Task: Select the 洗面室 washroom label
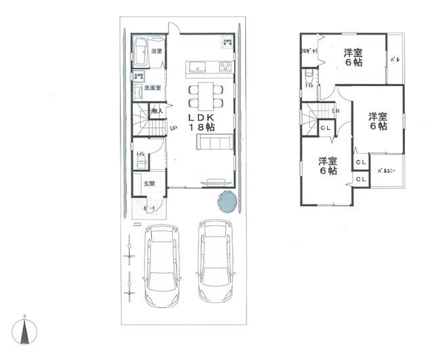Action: tap(152, 88)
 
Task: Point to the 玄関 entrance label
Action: tap(148, 183)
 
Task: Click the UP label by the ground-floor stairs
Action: tap(173, 128)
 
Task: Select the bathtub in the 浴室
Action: tap(141, 51)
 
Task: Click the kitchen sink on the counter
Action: tap(197, 66)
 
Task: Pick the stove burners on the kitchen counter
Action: tap(225, 66)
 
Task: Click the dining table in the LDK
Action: tap(205, 95)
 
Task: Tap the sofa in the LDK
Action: tap(214, 143)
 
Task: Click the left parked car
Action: tap(162, 265)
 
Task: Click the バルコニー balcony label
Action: tap(387, 171)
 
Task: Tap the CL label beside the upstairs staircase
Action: tap(325, 128)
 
